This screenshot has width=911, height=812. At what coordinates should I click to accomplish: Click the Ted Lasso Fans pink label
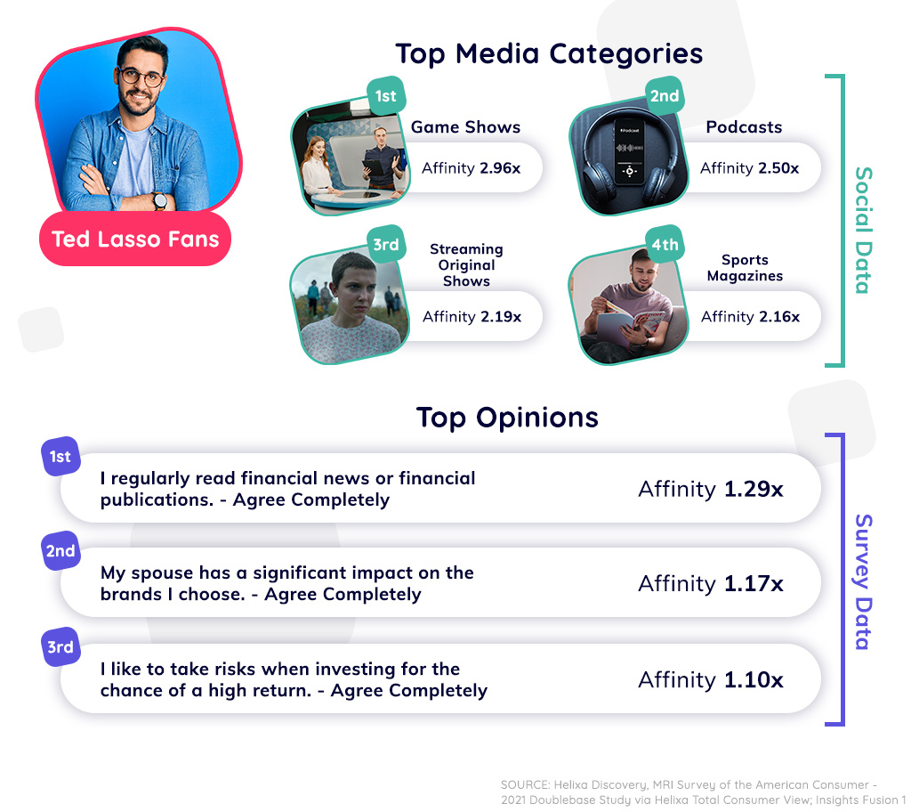click(x=135, y=239)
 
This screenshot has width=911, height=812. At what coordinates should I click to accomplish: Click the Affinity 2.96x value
click(x=471, y=167)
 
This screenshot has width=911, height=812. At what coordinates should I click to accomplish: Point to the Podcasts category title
click(x=744, y=127)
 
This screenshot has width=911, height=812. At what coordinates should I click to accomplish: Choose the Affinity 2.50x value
click(x=749, y=167)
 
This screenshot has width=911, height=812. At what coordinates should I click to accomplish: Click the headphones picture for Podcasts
click(x=627, y=160)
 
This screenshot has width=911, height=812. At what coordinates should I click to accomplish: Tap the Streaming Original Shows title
click(x=466, y=264)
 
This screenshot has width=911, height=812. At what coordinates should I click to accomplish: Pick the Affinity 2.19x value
click(x=472, y=316)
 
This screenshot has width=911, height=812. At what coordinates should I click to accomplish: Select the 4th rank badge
click(x=664, y=245)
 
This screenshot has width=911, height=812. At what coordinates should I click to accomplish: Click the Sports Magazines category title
click(x=745, y=268)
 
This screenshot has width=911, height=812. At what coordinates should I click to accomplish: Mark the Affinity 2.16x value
click(x=750, y=316)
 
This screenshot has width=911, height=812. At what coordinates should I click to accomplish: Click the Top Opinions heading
click(x=507, y=417)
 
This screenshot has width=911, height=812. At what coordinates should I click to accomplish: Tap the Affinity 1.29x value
click(x=710, y=488)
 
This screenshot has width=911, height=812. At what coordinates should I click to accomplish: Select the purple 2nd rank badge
click(x=60, y=551)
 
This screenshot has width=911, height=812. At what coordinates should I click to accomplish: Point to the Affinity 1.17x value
click(x=710, y=583)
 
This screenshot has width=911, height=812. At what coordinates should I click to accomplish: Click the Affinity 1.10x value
click(x=710, y=680)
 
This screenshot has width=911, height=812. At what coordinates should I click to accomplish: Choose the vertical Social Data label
click(x=861, y=230)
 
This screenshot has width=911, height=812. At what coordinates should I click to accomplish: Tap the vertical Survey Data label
click(x=861, y=581)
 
